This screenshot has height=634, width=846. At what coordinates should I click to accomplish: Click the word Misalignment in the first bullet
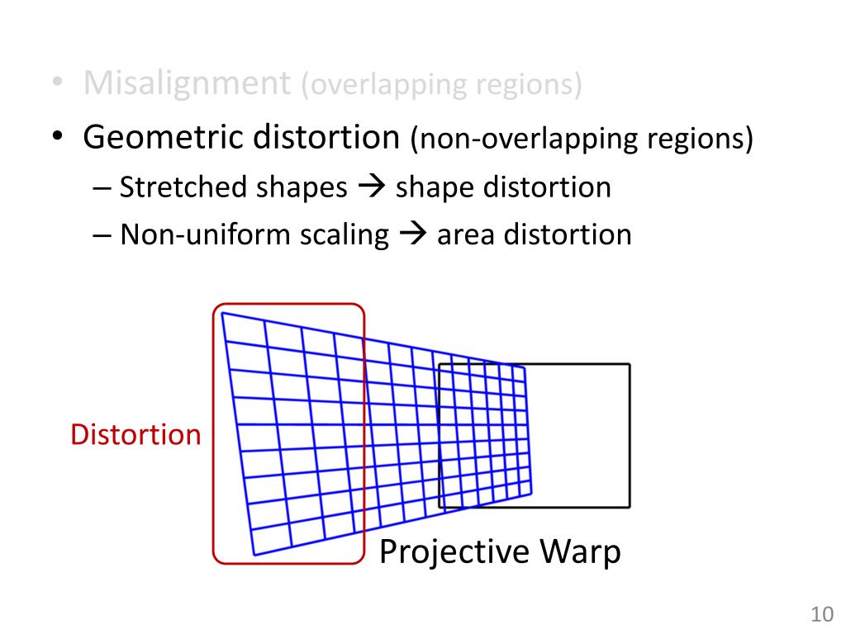coord(187,83)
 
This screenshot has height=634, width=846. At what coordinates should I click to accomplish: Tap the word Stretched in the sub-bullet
coord(174,187)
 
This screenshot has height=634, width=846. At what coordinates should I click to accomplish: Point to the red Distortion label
coord(135,434)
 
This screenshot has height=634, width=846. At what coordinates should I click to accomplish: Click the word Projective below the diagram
coord(454,551)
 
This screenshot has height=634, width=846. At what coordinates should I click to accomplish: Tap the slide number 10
coord(821,615)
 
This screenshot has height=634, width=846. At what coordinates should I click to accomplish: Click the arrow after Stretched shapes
coord(371,188)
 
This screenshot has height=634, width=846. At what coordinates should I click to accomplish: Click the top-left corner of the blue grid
coord(222,313)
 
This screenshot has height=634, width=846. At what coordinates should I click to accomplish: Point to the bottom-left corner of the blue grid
coord(254,555)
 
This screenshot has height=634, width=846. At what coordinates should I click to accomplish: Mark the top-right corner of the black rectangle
coord(629,364)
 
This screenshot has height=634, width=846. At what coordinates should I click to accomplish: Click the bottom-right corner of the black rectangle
coord(629,506)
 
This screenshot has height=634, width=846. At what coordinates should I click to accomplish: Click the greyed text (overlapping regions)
coord(440,85)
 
